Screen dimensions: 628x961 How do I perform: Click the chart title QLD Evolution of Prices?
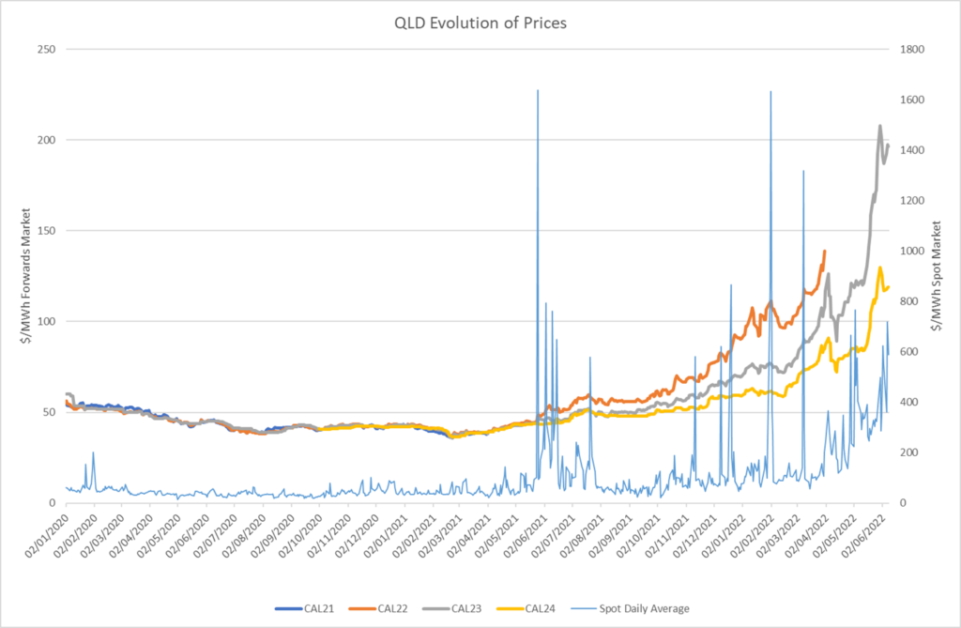(x=480, y=24)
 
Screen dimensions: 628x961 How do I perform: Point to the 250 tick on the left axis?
(x=45, y=49)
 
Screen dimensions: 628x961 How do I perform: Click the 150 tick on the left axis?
(x=45, y=231)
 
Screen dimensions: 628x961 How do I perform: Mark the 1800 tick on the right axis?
(x=915, y=49)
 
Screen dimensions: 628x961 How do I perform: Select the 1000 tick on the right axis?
(x=915, y=251)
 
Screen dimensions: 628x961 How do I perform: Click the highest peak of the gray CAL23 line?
(x=880, y=126)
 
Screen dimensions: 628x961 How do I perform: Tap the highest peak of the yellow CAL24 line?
(x=880, y=268)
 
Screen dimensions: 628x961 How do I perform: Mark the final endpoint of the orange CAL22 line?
(x=824, y=251)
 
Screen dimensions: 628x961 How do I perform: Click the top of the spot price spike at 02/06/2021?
(x=537, y=91)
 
